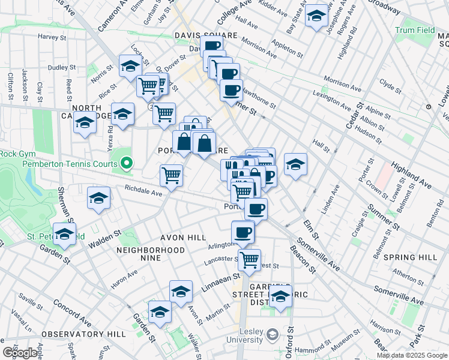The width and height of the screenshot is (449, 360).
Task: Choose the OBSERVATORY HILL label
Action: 92,334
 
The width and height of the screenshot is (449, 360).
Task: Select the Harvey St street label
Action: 52,37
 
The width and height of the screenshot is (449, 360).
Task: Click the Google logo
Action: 20,353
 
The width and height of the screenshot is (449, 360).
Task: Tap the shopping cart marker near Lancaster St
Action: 249,260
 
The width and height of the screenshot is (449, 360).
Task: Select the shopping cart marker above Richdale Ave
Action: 171,175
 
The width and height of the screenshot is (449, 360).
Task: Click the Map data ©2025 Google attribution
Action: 411,355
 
